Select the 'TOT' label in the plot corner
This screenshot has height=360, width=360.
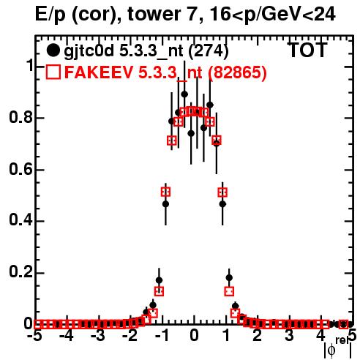coord(308,50)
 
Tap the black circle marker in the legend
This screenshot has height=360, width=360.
coord(53,50)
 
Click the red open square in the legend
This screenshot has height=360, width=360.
coord(53,72)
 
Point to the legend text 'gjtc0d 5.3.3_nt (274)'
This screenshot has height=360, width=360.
coord(146,51)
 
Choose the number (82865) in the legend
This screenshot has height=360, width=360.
coord(237,72)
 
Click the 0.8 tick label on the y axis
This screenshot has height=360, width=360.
coord(20,118)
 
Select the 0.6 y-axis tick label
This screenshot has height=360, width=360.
coord(20,169)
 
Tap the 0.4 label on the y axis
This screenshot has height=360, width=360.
coord(20,221)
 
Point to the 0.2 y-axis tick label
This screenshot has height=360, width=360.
coord(20,273)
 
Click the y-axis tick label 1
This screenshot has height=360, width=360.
coord(29,66)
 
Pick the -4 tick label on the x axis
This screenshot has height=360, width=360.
coord(66,336)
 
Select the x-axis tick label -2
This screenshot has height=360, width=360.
coord(130,336)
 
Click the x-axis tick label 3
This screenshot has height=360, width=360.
coord(289,336)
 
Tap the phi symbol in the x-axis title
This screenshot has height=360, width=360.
coord(331,350)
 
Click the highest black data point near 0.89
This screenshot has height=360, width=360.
coord(184,94)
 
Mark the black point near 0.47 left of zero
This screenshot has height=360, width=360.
coord(165,203)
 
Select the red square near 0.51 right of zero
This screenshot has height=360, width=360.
coord(222,192)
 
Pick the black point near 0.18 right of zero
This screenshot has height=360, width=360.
coord(229,277)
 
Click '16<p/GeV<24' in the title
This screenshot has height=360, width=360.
coord(272,14)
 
